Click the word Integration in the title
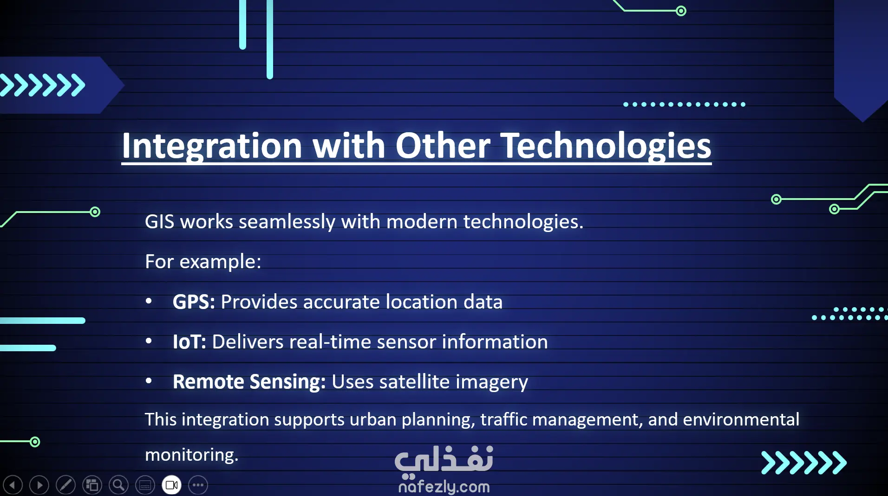[212, 146]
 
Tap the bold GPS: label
[194, 302]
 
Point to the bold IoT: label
[189, 342]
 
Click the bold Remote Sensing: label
[249, 382]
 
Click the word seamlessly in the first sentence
[287, 222]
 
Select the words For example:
[203, 262]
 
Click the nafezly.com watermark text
[444, 487]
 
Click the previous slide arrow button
[13, 485]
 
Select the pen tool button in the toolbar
[65, 485]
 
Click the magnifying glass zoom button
[118, 485]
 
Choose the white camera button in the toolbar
[171, 485]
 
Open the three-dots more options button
[198, 485]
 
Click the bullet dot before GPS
[149, 301]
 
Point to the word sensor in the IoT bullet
[406, 342]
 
